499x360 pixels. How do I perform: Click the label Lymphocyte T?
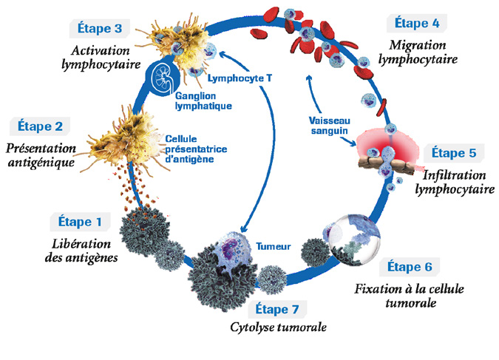(235, 77)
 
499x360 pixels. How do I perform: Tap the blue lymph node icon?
(158, 78)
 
